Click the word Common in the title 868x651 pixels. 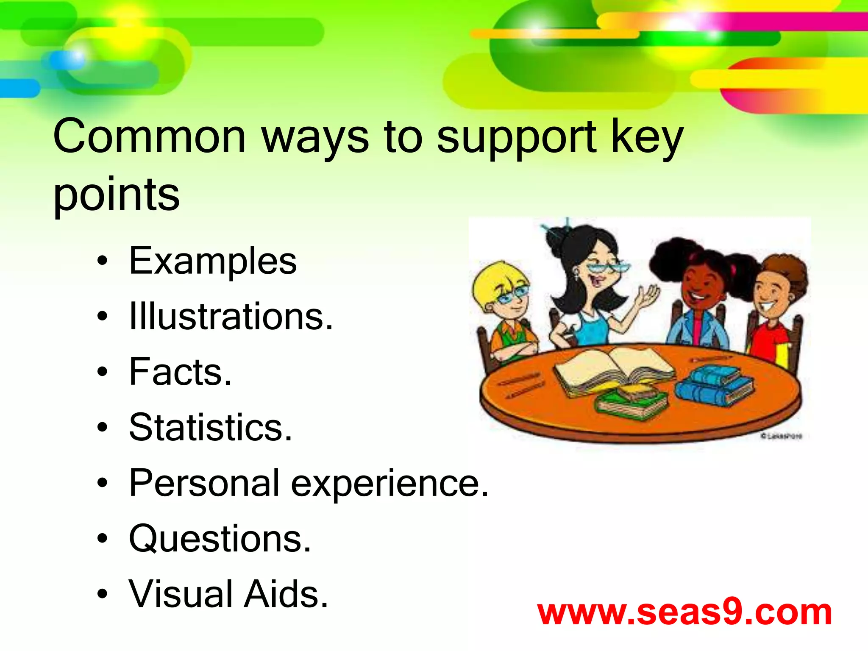[149, 136]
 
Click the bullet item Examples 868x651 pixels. [213, 261]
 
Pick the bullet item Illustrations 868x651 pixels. [231, 316]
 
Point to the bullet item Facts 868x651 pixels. [180, 372]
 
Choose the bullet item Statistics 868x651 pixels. [211, 427]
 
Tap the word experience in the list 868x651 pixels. [390, 484]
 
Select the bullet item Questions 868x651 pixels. [220, 539]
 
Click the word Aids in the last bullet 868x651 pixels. [287, 594]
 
